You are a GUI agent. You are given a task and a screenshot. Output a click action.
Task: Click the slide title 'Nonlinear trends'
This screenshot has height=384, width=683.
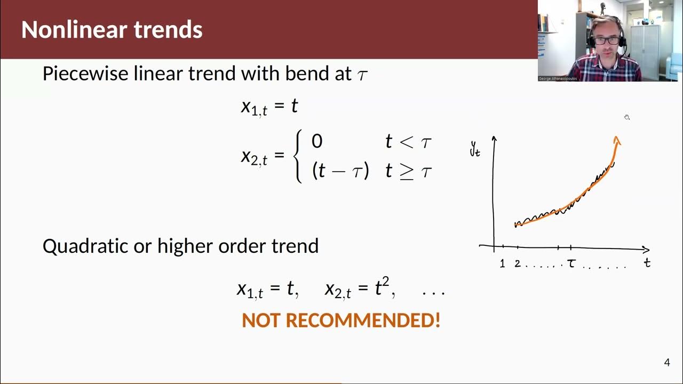tap(112, 30)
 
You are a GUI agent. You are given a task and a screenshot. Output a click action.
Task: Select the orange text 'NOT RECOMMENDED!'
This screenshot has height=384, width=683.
tap(341, 321)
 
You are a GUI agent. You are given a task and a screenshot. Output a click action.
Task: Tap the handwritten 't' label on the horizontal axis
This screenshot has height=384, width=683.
tap(647, 262)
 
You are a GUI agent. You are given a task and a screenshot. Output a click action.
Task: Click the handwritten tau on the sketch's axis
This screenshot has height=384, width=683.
tap(571, 263)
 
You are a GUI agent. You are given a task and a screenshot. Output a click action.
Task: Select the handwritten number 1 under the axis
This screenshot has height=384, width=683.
tap(502, 263)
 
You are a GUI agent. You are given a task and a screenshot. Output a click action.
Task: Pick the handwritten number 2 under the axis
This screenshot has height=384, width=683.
tap(517, 263)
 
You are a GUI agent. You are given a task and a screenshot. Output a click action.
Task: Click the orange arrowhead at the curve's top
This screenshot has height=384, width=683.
tap(617, 140)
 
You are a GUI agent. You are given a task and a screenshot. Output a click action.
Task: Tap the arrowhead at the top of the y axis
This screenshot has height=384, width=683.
tap(494, 139)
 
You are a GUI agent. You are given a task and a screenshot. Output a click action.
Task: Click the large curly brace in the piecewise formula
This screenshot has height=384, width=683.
tap(299, 157)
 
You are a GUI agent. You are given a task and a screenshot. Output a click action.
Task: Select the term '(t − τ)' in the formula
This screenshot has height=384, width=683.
tap(340, 171)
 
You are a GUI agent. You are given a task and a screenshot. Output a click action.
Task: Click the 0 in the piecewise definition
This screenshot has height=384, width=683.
tap(317, 141)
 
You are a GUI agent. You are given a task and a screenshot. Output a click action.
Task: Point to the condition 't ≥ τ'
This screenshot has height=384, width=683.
tap(408, 171)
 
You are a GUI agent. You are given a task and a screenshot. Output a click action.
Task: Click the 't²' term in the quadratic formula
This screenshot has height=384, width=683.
tap(380, 289)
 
